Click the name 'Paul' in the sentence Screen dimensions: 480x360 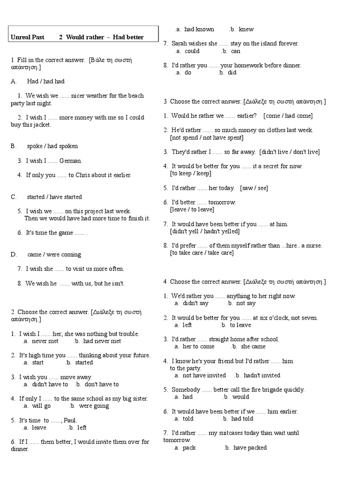point(70,420)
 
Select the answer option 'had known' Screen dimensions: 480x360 point(199,29)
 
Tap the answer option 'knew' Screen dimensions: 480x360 point(246,29)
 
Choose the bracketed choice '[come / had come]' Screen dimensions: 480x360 point(288,116)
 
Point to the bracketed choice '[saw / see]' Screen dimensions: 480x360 point(254,188)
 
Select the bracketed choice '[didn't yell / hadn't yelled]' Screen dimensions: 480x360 point(205,231)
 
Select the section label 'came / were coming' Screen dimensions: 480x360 point(54,255)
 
